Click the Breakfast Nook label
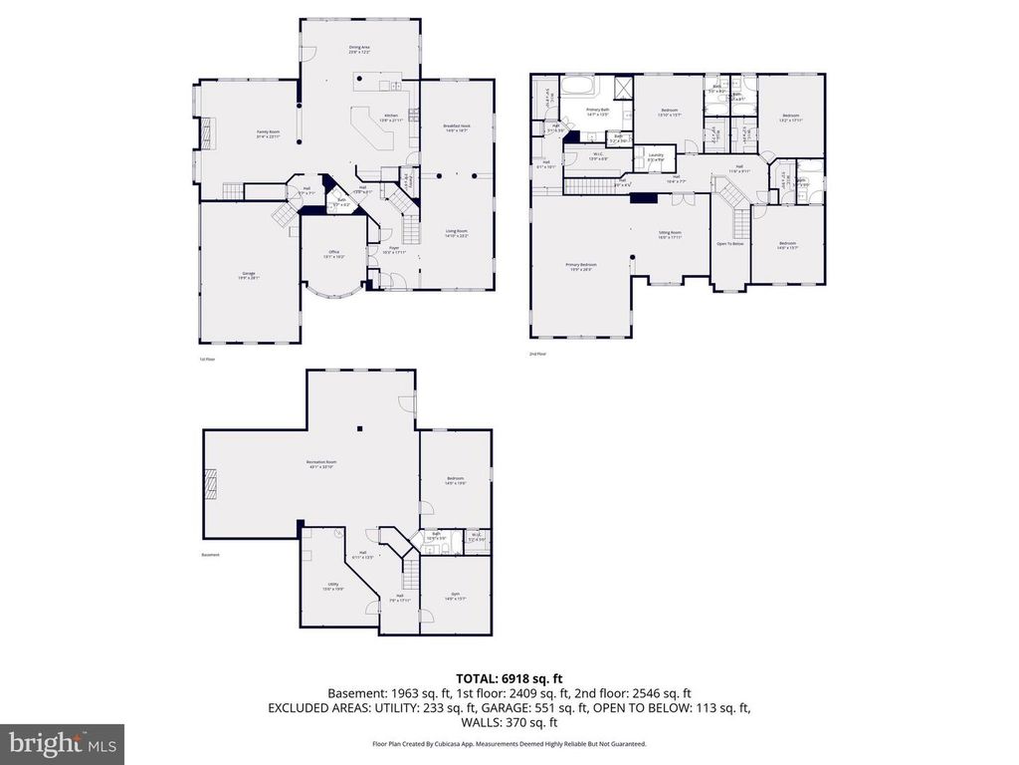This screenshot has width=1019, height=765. pyautogui.click(x=457, y=127)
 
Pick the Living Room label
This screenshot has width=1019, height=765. pyautogui.click(x=457, y=234)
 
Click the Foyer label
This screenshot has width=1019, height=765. pyautogui.click(x=394, y=250)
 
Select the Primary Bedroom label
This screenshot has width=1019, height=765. pyautogui.click(x=579, y=266)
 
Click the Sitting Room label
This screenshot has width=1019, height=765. pyautogui.click(x=669, y=234)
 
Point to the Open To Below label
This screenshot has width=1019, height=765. pyautogui.click(x=730, y=244)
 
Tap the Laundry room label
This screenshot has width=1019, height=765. pyautogui.click(x=655, y=156)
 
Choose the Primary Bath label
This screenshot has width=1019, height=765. pyautogui.click(x=597, y=112)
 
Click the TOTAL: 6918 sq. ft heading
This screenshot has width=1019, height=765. pyautogui.click(x=509, y=677)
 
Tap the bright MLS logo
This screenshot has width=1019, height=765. pyautogui.click(x=62, y=743)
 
